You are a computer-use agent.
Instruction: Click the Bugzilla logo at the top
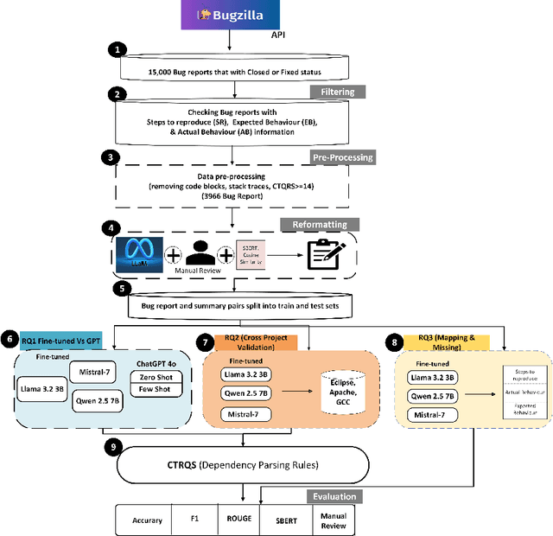click(x=229, y=16)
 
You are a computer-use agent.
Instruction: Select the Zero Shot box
click(x=156, y=377)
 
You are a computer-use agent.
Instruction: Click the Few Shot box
click(x=156, y=391)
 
